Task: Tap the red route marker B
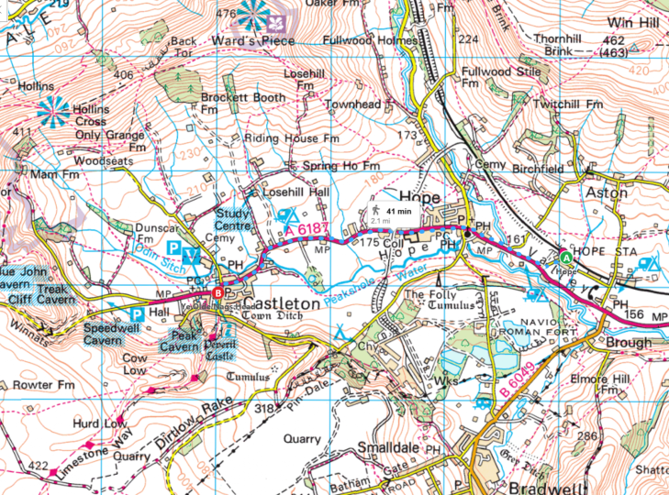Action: tap(217, 293)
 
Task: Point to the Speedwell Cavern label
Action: tap(115, 334)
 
